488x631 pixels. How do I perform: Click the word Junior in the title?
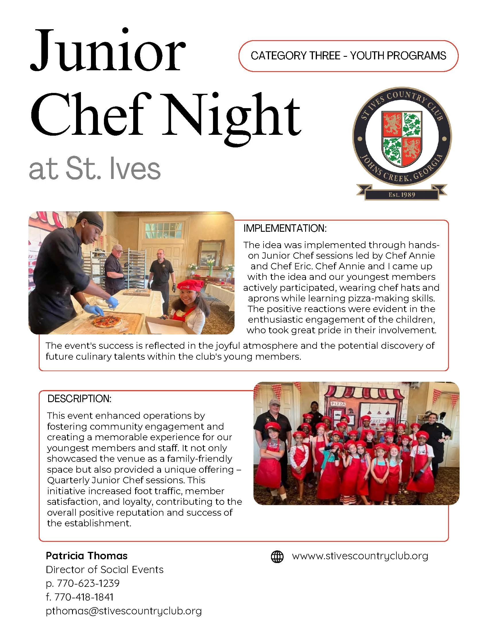pos(107,50)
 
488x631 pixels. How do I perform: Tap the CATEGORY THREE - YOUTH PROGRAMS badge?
pos(348,56)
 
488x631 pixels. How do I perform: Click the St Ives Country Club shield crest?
pos(402,139)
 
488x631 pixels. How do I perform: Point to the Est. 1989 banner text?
pos(402,195)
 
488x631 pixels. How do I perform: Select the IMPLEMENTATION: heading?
pos(285,229)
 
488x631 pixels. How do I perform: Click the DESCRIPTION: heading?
pos(79,399)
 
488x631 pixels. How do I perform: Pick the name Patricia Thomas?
pos(86,556)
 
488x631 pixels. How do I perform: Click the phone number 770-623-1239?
pos(88,583)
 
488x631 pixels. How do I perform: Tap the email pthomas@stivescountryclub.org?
pos(123,611)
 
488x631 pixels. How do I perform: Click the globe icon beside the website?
pos(277,556)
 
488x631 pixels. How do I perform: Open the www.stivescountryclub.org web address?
pos(360,556)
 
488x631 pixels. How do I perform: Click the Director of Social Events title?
pos(104,569)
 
